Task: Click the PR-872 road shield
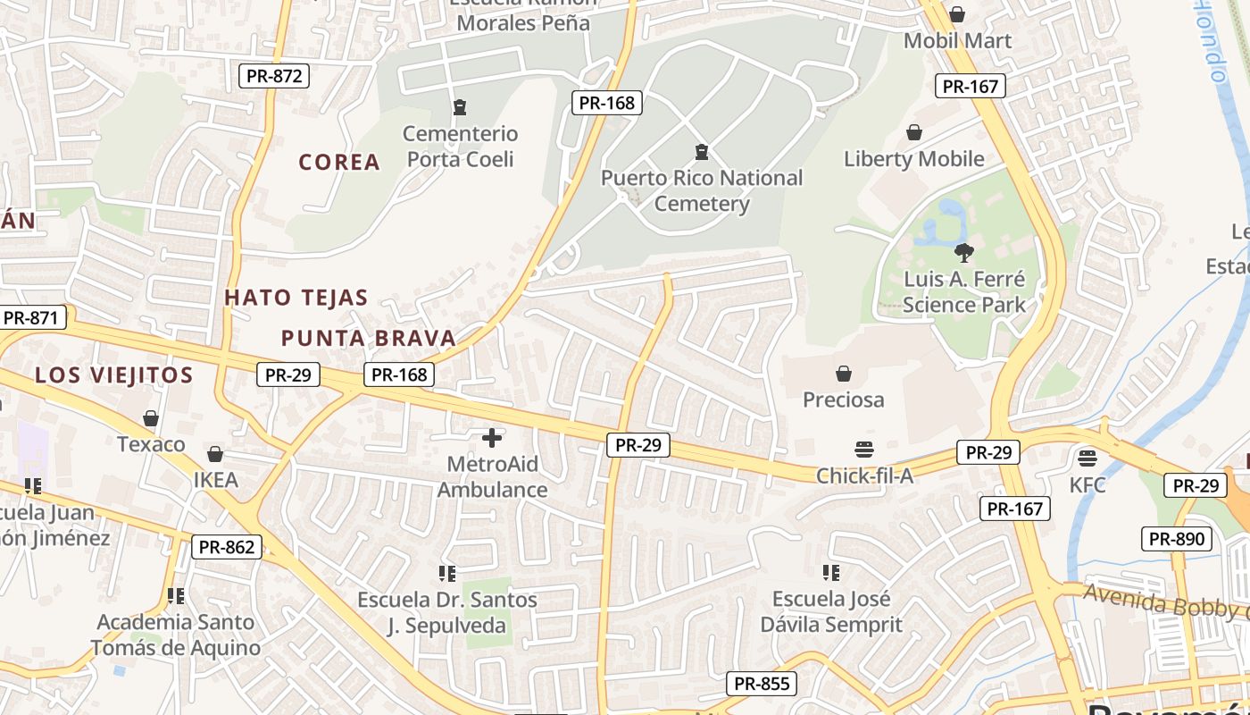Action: click(x=275, y=76)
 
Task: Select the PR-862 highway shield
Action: click(x=227, y=547)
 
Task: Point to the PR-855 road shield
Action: click(x=761, y=685)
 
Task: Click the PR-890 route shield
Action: click(x=1177, y=539)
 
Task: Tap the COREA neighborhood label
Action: click(x=339, y=162)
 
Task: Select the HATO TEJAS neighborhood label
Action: click(x=296, y=298)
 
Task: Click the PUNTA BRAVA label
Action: click(x=368, y=338)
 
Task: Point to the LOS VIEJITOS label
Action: click(x=114, y=375)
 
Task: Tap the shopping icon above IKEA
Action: click(x=215, y=454)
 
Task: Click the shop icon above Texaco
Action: click(x=151, y=418)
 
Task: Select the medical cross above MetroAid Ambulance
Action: click(x=492, y=438)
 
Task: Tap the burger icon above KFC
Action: click(x=1087, y=458)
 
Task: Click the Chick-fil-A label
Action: click(x=864, y=475)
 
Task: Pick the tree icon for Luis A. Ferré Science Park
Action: click(x=963, y=252)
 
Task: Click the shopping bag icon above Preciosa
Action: click(x=843, y=373)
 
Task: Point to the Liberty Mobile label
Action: click(x=914, y=159)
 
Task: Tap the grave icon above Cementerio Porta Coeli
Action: click(x=460, y=107)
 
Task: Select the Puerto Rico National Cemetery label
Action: click(x=702, y=190)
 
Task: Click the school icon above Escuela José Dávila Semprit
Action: click(x=831, y=572)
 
